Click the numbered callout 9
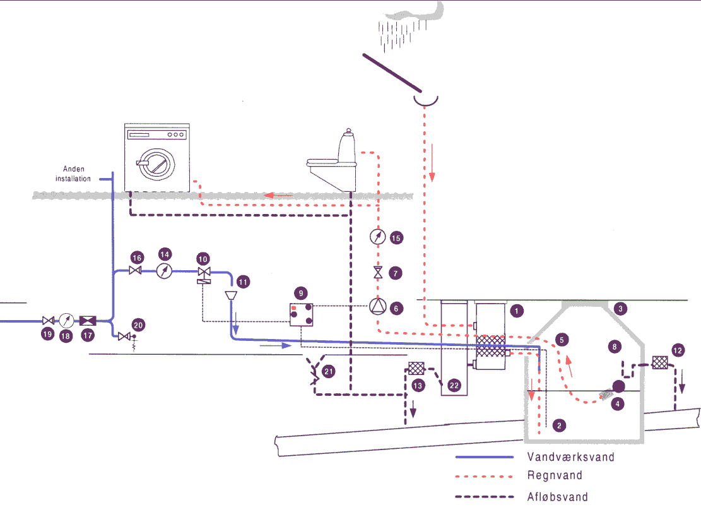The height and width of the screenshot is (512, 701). pos(302,293)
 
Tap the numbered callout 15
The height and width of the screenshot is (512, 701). pos(396,238)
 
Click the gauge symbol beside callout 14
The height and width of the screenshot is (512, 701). pos(165,271)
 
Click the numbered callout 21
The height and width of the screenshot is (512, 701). pos(328,372)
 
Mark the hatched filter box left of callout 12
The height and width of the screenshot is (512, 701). pos(659,363)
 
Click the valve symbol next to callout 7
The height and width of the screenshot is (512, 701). pos(377,273)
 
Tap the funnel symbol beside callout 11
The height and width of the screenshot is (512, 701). pos(231,295)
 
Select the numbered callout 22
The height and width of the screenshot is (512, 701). pos(454,384)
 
